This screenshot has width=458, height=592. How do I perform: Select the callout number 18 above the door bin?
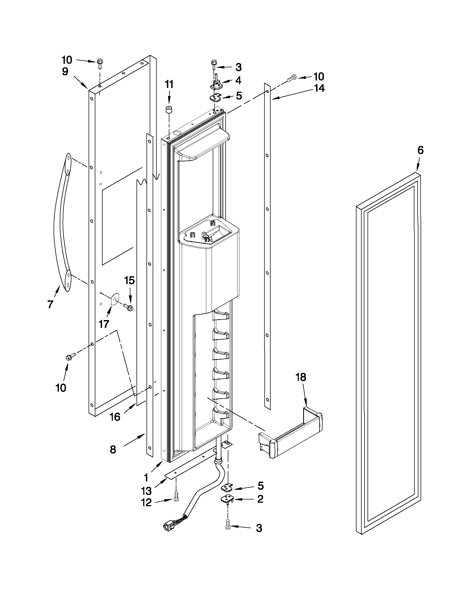coord(301,377)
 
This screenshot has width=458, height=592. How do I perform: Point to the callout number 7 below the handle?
coord(50,304)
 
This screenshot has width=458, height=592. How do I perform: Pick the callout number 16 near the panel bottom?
coord(115,417)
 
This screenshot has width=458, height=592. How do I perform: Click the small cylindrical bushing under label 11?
coord(169,111)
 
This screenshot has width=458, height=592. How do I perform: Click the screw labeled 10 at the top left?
coord(99,63)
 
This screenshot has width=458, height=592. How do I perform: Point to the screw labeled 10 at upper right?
coord(291,79)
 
